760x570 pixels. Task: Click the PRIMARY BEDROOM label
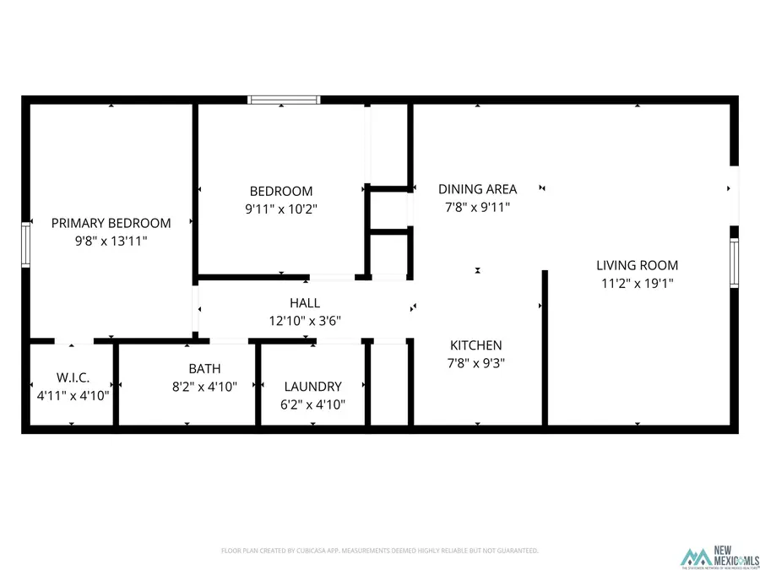click(111, 223)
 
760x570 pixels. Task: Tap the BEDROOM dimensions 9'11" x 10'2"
click(280, 208)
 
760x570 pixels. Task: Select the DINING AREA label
click(477, 189)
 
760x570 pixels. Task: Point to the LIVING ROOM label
click(637, 265)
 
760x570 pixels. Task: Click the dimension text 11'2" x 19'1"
click(637, 284)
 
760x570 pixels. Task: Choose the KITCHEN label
click(475, 345)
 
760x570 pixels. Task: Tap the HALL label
click(305, 302)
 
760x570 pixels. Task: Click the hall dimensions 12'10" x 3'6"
click(305, 320)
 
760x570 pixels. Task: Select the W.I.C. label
click(73, 377)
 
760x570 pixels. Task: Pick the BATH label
click(204, 368)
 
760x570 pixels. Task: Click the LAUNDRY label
click(312, 386)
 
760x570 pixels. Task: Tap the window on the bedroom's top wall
click(284, 100)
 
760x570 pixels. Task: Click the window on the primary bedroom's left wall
click(26, 242)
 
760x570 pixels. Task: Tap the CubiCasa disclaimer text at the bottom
click(379, 551)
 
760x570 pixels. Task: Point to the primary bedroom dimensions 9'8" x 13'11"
click(111, 241)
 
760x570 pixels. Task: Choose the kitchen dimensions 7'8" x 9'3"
click(475, 363)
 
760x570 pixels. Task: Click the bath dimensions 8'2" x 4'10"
click(204, 386)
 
